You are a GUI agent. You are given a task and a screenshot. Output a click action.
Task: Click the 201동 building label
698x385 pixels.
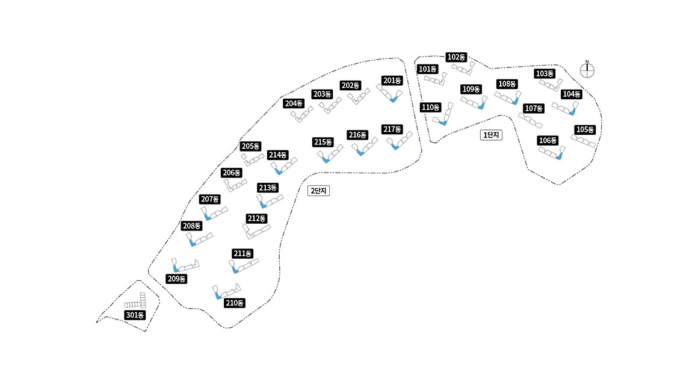[392, 80]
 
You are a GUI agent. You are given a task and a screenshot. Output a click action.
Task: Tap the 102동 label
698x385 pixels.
[456, 57]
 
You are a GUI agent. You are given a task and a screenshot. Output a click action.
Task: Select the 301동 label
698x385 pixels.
[135, 315]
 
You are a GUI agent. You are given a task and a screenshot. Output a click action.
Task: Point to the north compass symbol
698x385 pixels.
[587, 70]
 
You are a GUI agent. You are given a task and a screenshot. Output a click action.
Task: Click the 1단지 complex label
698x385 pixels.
[491, 135]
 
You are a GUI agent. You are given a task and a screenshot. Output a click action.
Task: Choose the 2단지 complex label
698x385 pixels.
[319, 191]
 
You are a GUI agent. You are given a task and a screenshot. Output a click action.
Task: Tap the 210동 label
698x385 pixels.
[235, 303]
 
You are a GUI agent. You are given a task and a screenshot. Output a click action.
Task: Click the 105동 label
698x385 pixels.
[585, 129]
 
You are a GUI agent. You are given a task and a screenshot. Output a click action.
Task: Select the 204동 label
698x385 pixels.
[294, 103]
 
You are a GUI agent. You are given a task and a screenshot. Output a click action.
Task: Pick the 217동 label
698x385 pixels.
[392, 129]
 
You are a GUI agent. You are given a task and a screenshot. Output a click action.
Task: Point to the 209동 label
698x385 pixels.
[176, 279]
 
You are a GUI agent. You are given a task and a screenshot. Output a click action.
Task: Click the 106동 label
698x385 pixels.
[548, 140]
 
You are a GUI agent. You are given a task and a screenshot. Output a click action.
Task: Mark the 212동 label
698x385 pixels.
[256, 218]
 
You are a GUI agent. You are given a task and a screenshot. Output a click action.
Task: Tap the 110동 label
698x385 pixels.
[430, 107]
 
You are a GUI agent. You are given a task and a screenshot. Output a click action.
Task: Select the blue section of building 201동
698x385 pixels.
[394, 100]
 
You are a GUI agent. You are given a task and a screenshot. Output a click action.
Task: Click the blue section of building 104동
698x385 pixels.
[572, 112]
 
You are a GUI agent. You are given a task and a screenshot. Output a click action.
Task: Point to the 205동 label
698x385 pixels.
[250, 146]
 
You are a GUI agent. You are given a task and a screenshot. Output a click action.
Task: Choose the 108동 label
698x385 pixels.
[507, 84]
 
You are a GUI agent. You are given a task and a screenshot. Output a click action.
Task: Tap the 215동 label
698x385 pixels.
[323, 142]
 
